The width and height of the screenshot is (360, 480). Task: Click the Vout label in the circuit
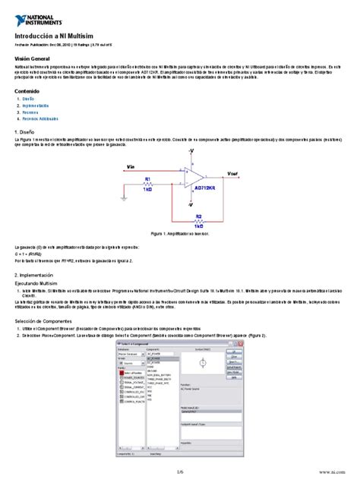(232, 173)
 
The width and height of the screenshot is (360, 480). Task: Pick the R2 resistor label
(198, 216)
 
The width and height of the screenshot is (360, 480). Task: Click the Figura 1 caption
(180, 235)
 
